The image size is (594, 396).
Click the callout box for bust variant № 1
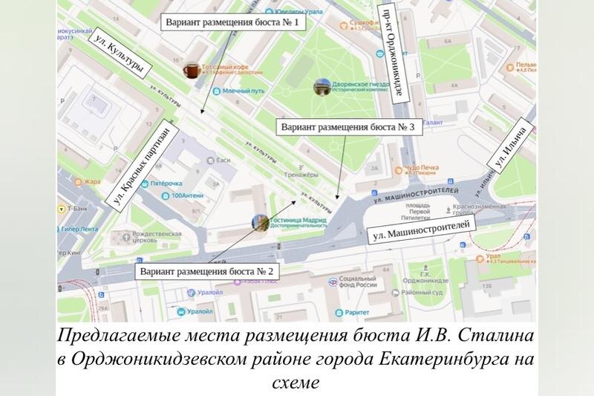pos(232,22)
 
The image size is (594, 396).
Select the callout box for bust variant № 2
pos(206,272)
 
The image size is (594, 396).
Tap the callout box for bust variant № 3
pos(351,127)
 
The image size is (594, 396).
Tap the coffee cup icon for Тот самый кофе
pos(192,70)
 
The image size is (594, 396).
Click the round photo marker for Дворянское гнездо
pos(322,88)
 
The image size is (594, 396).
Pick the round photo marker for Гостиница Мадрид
pos(261,222)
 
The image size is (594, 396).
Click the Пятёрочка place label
pos(166,183)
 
